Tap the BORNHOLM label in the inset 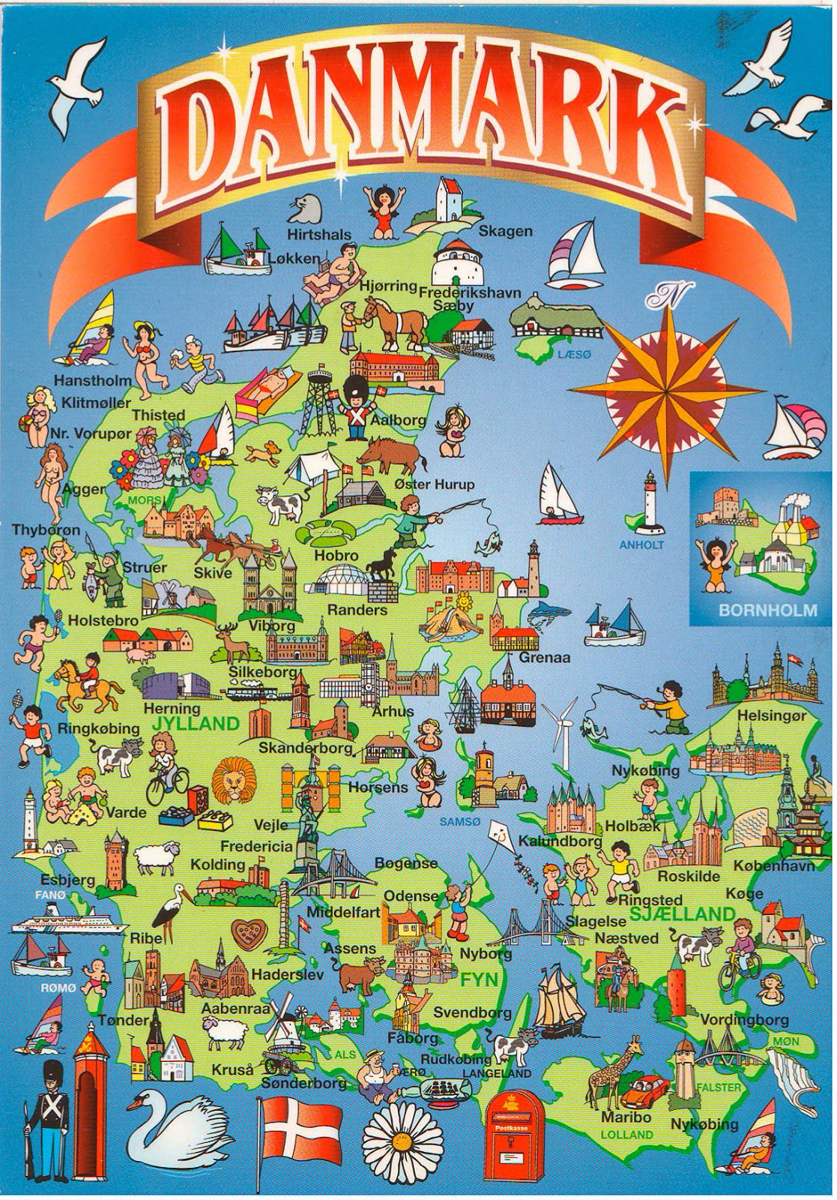(767, 610)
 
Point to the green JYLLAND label (194, 724)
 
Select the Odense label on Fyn (411, 895)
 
